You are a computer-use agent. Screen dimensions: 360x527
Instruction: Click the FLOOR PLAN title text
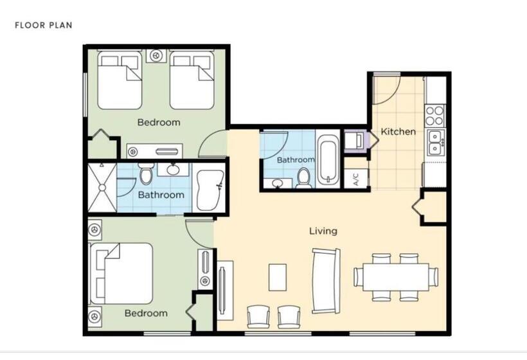tap(44, 26)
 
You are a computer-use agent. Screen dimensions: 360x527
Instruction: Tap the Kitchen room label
tap(398, 132)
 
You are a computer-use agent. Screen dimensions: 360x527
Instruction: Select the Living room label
tap(323, 231)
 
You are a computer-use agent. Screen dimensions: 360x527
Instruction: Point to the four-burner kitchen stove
tap(434, 115)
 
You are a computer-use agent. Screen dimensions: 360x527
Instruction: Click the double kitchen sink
tap(435, 142)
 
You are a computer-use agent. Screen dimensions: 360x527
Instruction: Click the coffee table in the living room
tap(277, 278)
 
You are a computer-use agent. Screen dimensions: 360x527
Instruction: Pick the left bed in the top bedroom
tap(120, 81)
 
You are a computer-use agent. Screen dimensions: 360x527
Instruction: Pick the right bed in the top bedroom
tap(192, 81)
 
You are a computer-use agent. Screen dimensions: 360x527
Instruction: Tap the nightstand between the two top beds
tap(156, 57)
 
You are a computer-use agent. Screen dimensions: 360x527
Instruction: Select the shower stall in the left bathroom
tap(102, 187)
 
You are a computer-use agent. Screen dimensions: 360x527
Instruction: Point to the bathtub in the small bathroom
tap(328, 158)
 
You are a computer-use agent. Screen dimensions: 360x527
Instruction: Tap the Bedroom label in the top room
tap(159, 122)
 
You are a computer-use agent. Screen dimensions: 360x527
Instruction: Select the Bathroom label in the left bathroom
tap(161, 195)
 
